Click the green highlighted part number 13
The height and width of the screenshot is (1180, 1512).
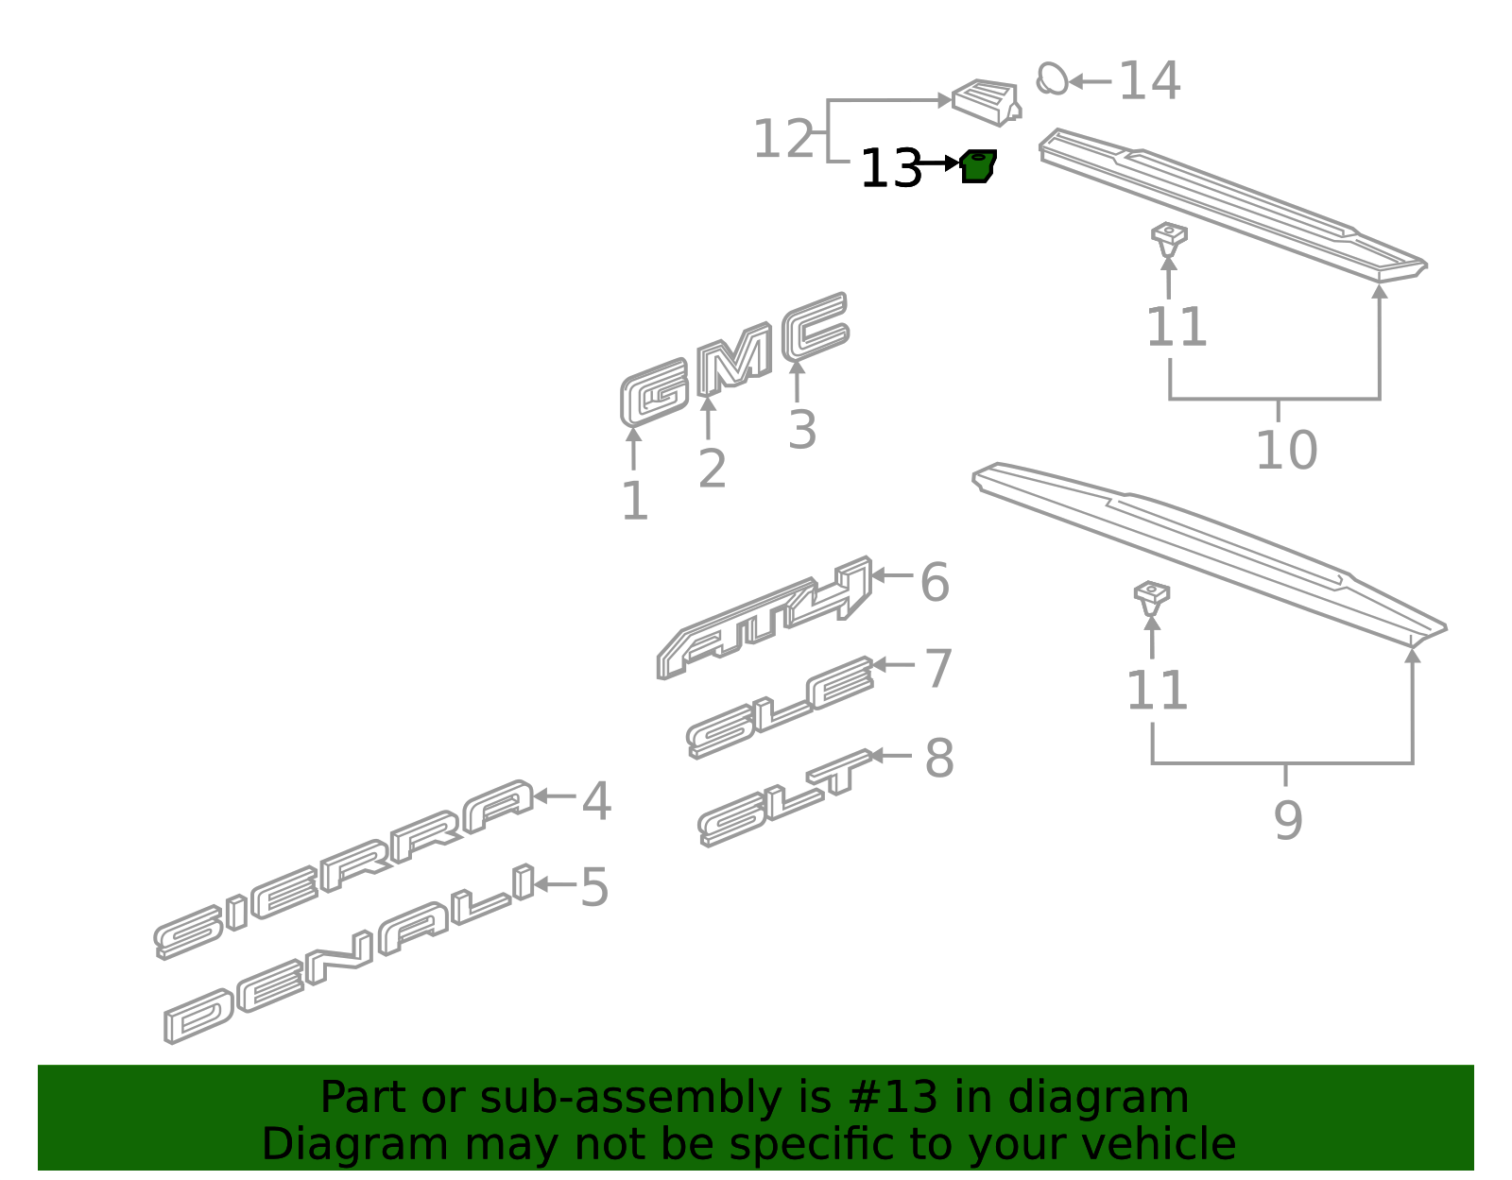click(977, 166)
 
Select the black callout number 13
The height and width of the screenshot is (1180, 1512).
click(890, 170)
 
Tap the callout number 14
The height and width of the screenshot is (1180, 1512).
click(1149, 81)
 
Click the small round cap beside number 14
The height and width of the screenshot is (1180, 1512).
click(1051, 78)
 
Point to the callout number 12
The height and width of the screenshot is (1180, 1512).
click(782, 140)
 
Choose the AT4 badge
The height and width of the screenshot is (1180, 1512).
click(765, 619)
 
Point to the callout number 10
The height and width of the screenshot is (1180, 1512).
click(1285, 451)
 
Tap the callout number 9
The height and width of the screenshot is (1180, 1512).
click(1287, 820)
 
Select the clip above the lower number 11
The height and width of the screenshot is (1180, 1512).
click(1151, 596)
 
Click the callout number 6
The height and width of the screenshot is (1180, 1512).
click(934, 582)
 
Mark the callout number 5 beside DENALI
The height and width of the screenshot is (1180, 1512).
click(593, 888)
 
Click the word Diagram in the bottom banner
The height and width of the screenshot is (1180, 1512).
click(316, 1144)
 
